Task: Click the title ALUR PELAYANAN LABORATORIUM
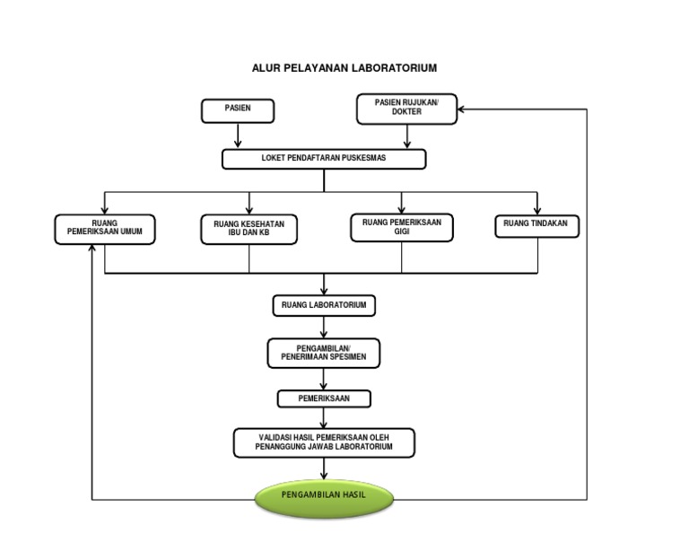click(344, 68)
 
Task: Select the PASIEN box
click(237, 110)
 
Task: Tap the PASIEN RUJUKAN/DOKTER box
click(406, 109)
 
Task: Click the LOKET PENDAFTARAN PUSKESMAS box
click(324, 159)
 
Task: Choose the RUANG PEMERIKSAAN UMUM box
click(104, 230)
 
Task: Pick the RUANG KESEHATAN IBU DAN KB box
click(249, 230)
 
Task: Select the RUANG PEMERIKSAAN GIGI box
click(401, 228)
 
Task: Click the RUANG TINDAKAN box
click(536, 227)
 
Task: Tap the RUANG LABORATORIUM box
click(324, 306)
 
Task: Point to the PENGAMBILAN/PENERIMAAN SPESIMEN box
click(324, 353)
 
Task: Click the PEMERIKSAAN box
click(324, 398)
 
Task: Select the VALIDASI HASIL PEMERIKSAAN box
click(324, 441)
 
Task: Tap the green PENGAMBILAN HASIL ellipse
click(324, 496)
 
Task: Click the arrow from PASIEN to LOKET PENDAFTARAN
click(238, 135)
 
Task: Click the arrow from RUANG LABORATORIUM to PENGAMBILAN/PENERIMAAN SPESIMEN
click(324, 327)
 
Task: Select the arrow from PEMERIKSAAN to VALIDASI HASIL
click(324, 418)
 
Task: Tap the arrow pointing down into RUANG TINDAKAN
click(536, 204)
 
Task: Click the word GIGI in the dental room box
click(401, 233)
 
